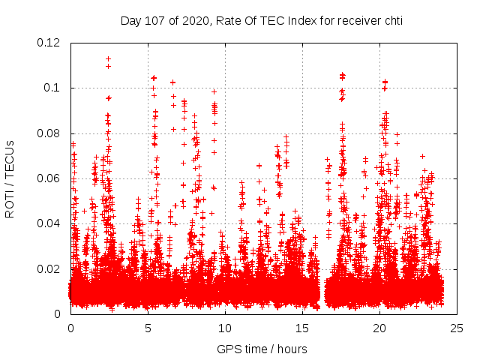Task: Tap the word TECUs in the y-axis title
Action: pos(10,160)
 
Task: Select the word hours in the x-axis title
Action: pos(291,349)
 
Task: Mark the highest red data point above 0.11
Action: pos(109,58)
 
